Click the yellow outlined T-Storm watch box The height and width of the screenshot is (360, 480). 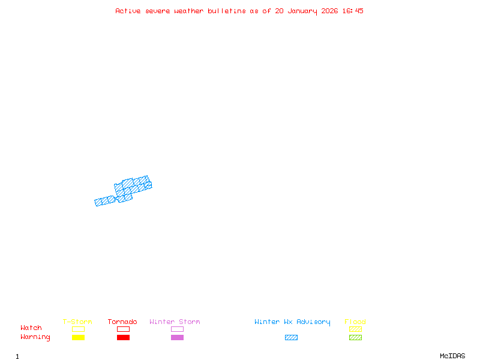[78, 329]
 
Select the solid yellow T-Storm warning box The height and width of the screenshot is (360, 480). [78, 337]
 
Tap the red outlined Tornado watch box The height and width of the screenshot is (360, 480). [123, 329]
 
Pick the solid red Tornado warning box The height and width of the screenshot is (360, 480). [123, 337]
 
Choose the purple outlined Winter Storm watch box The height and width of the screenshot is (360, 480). [177, 329]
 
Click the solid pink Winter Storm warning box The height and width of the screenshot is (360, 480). [177, 337]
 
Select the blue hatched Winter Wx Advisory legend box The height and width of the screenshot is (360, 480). [291, 337]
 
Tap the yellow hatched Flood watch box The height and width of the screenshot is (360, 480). [355, 329]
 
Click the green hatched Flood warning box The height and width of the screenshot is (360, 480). [355, 337]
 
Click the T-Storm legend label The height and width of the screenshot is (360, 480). [77, 322]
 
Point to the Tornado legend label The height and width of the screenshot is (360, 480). [122, 322]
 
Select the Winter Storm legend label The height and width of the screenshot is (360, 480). [175, 322]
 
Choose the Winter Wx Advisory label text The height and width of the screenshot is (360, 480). [292, 322]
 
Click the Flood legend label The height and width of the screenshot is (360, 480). [355, 322]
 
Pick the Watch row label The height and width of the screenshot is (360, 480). [31, 328]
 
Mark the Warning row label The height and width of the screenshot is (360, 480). [35, 337]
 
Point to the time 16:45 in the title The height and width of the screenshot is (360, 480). [353, 11]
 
